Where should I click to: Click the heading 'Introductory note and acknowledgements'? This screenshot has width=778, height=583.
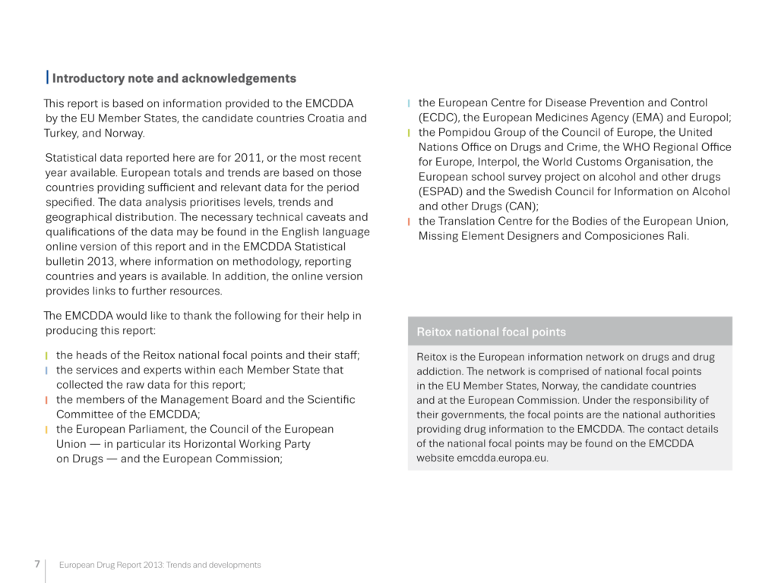(x=174, y=78)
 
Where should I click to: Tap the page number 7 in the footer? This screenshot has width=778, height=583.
(x=36, y=564)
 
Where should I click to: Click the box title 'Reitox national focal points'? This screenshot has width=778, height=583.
(x=491, y=332)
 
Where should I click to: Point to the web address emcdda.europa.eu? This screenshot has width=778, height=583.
(x=502, y=458)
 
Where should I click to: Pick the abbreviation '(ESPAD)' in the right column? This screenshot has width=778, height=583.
(x=441, y=191)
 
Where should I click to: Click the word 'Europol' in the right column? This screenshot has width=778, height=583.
(x=706, y=118)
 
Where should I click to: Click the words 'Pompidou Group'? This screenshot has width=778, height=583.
(x=479, y=133)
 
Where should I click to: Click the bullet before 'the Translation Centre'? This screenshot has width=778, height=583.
(x=409, y=222)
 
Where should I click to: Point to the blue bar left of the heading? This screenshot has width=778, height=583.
(x=48, y=77)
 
